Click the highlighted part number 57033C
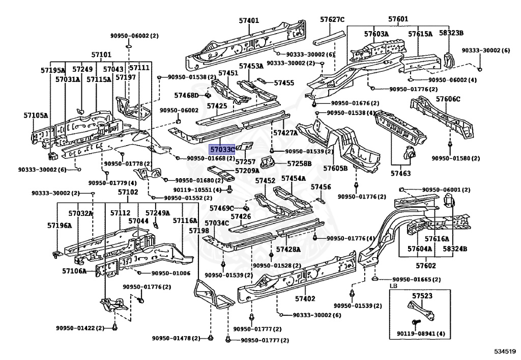pyautogui.click(x=222, y=150)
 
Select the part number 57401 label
pyautogui.click(x=249, y=21)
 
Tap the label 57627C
pyautogui.click(x=332, y=20)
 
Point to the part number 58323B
pyautogui.click(x=452, y=34)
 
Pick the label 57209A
pyautogui.click(x=247, y=171)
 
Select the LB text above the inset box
pyautogui.click(x=393, y=287)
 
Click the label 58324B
pyautogui.click(x=455, y=249)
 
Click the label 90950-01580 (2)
pyautogui.click(x=456, y=158)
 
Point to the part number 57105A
pyautogui.click(x=36, y=115)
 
